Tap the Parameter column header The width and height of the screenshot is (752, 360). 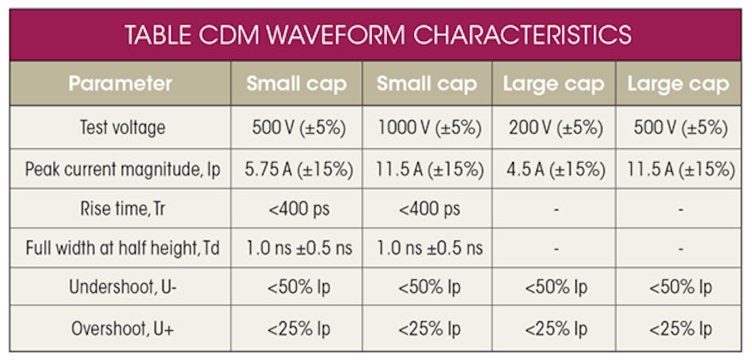coord(120,84)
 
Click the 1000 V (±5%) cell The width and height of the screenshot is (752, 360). coord(427,127)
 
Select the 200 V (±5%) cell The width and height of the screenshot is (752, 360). coord(554,127)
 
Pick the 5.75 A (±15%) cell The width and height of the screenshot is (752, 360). coord(297,169)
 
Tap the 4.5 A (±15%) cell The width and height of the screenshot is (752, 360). coord(554,169)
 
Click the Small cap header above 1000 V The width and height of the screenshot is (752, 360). coord(427,84)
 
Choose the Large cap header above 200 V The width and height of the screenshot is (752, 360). coord(554,84)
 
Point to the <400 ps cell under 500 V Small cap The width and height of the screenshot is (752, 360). coord(297,209)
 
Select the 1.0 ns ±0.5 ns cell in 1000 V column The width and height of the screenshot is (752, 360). coord(427,248)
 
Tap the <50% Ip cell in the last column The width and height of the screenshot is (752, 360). coord(680,288)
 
